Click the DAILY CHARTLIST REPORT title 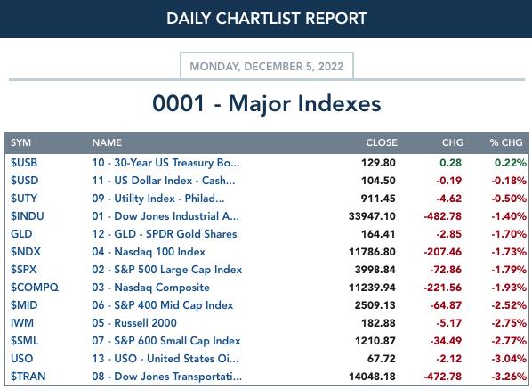pyautogui.click(x=267, y=19)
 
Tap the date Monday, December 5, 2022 pyautogui.click(x=267, y=66)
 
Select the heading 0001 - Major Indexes pyautogui.click(x=267, y=103)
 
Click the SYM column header pyautogui.click(x=20, y=142)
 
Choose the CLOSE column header pyautogui.click(x=382, y=142)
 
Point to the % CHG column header pyautogui.click(x=506, y=142)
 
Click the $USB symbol pyautogui.click(x=24, y=163)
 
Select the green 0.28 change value pyautogui.click(x=450, y=163)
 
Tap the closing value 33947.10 pyautogui.click(x=372, y=216)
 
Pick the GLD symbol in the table pyautogui.click(x=21, y=234)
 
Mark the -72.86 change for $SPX pyautogui.click(x=446, y=270)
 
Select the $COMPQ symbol pyautogui.click(x=35, y=288)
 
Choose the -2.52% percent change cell pyautogui.click(x=509, y=305)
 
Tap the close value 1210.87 pyautogui.click(x=375, y=341)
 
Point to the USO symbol pyautogui.click(x=21, y=359)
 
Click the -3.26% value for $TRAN pyautogui.click(x=509, y=377)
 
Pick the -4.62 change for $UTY pyautogui.click(x=449, y=199)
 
